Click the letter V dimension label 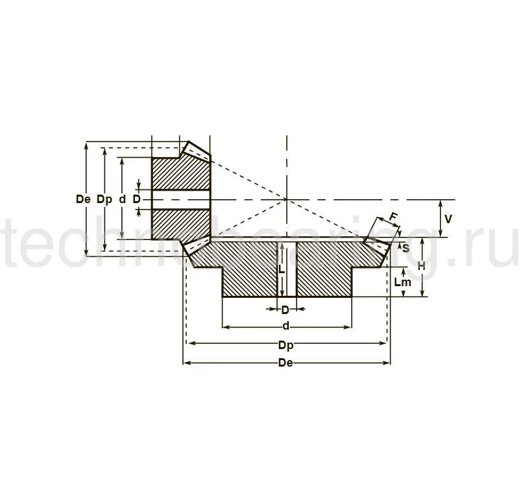click(x=448, y=219)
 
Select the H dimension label click(x=421, y=267)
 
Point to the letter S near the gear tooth click(x=406, y=248)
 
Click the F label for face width click(x=392, y=217)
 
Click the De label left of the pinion click(x=82, y=200)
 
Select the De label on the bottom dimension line click(x=285, y=363)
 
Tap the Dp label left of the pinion click(x=104, y=200)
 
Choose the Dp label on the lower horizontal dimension click(x=285, y=345)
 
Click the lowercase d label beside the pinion click(x=122, y=200)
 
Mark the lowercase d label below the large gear click(x=285, y=325)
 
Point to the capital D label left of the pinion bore click(x=136, y=200)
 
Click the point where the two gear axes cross click(x=286, y=200)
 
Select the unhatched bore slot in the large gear click(x=287, y=269)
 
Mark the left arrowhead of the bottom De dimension click(x=186, y=363)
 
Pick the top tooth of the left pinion click(x=195, y=151)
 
